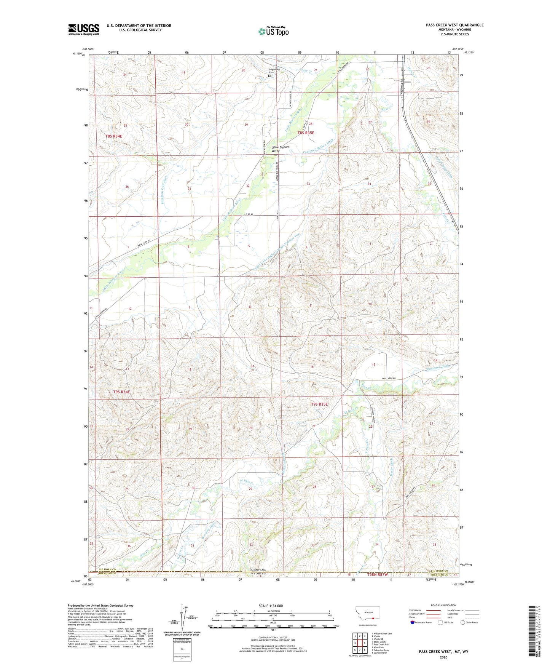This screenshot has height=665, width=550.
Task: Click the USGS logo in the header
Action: pos(84,29)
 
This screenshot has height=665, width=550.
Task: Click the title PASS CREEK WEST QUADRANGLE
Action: pos(454,25)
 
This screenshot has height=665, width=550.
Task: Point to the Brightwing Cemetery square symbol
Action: pos(269,76)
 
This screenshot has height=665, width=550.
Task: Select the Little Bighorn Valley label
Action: pos(281,149)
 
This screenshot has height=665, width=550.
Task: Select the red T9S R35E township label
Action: pos(319,404)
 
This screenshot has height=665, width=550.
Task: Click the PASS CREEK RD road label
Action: pos(389,378)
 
